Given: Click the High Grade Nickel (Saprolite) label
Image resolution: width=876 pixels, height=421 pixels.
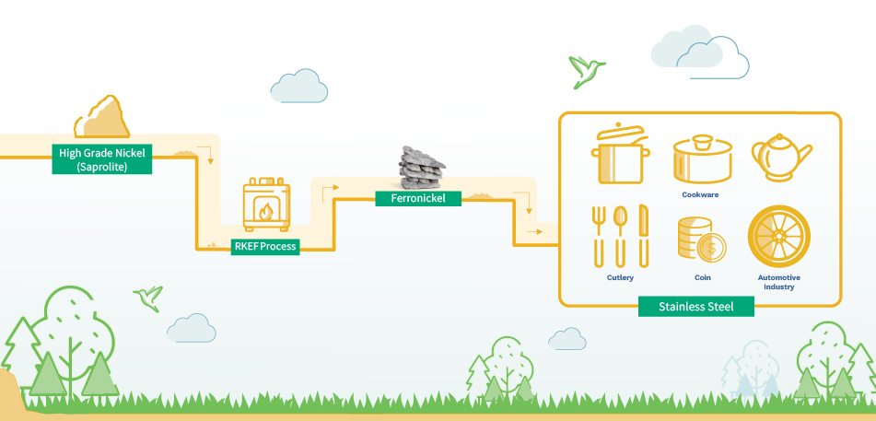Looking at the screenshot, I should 102,158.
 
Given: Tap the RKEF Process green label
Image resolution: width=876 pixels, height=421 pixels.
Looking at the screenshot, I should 265,246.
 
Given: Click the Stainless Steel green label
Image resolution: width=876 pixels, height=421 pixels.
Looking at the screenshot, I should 695,306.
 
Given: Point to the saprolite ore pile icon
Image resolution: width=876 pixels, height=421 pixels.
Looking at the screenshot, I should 102,117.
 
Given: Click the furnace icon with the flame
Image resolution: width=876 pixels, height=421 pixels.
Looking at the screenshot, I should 266,205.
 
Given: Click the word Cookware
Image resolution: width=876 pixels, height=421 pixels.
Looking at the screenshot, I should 701,194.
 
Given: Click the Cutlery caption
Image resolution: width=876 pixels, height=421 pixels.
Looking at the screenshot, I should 620,276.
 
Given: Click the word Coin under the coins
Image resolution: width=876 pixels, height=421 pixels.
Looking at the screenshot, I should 701,276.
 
